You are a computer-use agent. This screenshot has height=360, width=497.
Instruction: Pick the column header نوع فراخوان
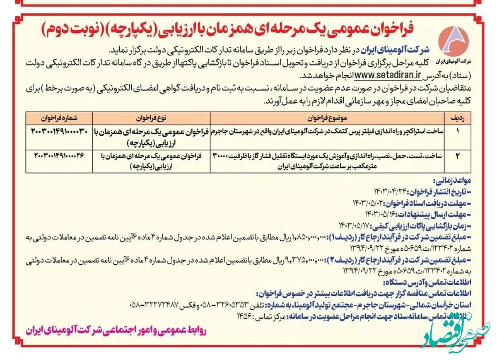(153, 118)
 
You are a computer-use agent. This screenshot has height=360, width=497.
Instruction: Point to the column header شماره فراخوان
(58, 118)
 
